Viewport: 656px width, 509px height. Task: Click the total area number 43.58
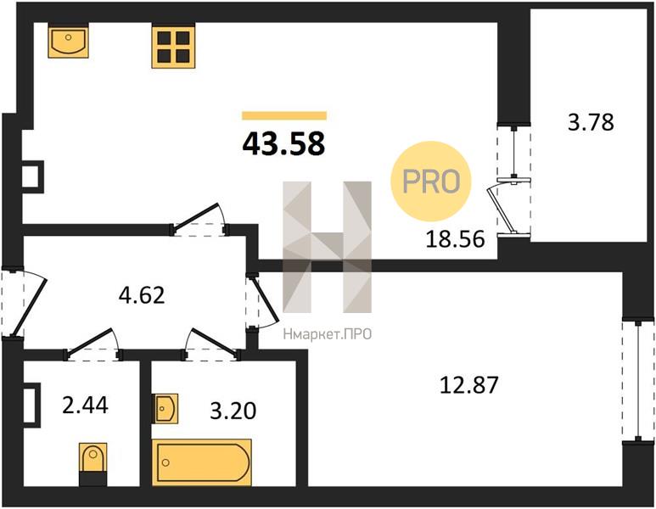tap(283, 143)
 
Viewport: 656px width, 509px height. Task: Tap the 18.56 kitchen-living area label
tap(455, 239)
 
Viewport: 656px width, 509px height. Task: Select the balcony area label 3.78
tap(591, 122)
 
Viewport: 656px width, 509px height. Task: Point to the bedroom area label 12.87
tap(469, 385)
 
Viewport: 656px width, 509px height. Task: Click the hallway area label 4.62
tap(142, 295)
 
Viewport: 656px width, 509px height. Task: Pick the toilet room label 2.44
tap(85, 405)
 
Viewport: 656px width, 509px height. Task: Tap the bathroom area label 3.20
tap(233, 411)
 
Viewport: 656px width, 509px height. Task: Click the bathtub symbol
tap(202, 462)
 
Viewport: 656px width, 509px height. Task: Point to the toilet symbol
tap(93, 464)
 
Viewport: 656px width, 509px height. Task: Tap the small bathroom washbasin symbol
tap(166, 409)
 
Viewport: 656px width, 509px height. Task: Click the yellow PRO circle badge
tap(431, 181)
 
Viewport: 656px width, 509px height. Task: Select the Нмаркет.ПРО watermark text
tap(328, 334)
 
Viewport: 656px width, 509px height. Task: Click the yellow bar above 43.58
tap(284, 116)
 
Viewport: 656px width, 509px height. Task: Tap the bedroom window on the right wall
tap(637, 381)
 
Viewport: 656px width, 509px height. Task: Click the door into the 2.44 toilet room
tap(93, 345)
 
